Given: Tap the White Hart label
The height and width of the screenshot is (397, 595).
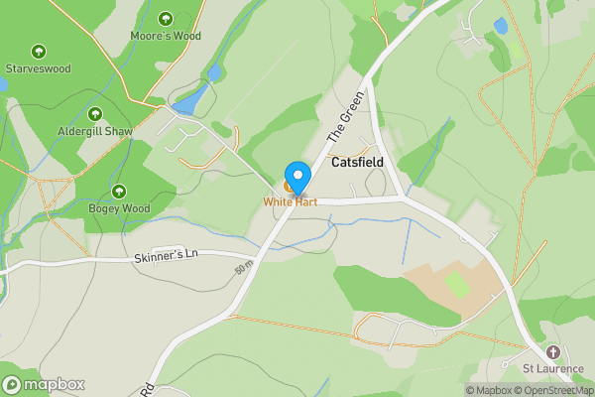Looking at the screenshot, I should [290, 201].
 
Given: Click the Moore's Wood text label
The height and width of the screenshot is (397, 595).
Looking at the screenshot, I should [166, 37].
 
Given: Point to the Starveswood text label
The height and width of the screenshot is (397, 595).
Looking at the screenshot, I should [39, 69].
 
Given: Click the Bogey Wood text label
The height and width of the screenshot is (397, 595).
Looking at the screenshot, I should [120, 208].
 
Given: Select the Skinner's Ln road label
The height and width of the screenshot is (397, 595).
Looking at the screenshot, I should [167, 255].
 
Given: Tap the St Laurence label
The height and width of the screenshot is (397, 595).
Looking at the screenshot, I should [552, 370].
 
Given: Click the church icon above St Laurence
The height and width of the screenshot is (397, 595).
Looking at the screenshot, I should [552, 352].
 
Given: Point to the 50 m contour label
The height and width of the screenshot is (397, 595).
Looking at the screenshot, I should [244, 269].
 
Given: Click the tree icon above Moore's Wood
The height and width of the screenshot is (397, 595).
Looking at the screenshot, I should [166, 19].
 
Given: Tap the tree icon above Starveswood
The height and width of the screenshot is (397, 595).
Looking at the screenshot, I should [39, 52].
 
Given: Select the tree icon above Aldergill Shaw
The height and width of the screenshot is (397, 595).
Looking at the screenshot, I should [95, 114].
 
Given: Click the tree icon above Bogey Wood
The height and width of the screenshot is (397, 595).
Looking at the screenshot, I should [120, 191].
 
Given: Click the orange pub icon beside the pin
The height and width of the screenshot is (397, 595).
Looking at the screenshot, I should [289, 187].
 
